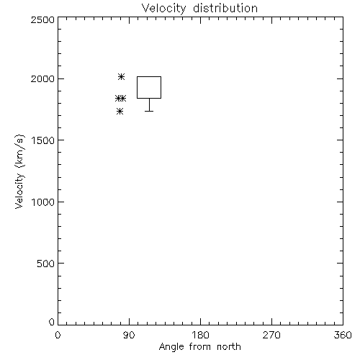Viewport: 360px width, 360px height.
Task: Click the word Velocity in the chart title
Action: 163,9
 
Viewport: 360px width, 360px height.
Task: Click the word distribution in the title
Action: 225,8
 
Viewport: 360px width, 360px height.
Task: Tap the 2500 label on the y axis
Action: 42,19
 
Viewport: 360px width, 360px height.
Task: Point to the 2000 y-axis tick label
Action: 42,78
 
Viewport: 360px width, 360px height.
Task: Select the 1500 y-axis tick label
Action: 43,140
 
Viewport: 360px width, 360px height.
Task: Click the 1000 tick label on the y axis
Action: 43,202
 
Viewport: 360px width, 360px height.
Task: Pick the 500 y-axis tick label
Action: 46,264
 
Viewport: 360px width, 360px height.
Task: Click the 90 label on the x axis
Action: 129,335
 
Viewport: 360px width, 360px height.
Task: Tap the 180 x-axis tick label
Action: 200,335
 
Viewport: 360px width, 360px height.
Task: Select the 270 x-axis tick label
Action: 271,335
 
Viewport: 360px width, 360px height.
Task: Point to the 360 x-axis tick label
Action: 343,335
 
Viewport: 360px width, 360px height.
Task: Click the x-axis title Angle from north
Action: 200,347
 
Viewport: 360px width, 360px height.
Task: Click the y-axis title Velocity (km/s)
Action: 19,171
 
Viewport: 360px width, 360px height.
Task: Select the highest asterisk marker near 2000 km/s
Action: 121,77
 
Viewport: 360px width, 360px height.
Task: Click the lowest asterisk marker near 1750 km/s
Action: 120,112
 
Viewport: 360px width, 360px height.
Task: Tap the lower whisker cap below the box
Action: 149,111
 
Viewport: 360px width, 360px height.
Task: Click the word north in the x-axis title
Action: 229,346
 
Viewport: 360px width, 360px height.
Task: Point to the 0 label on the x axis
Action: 58,335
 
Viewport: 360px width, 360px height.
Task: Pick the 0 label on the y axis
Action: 52,322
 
